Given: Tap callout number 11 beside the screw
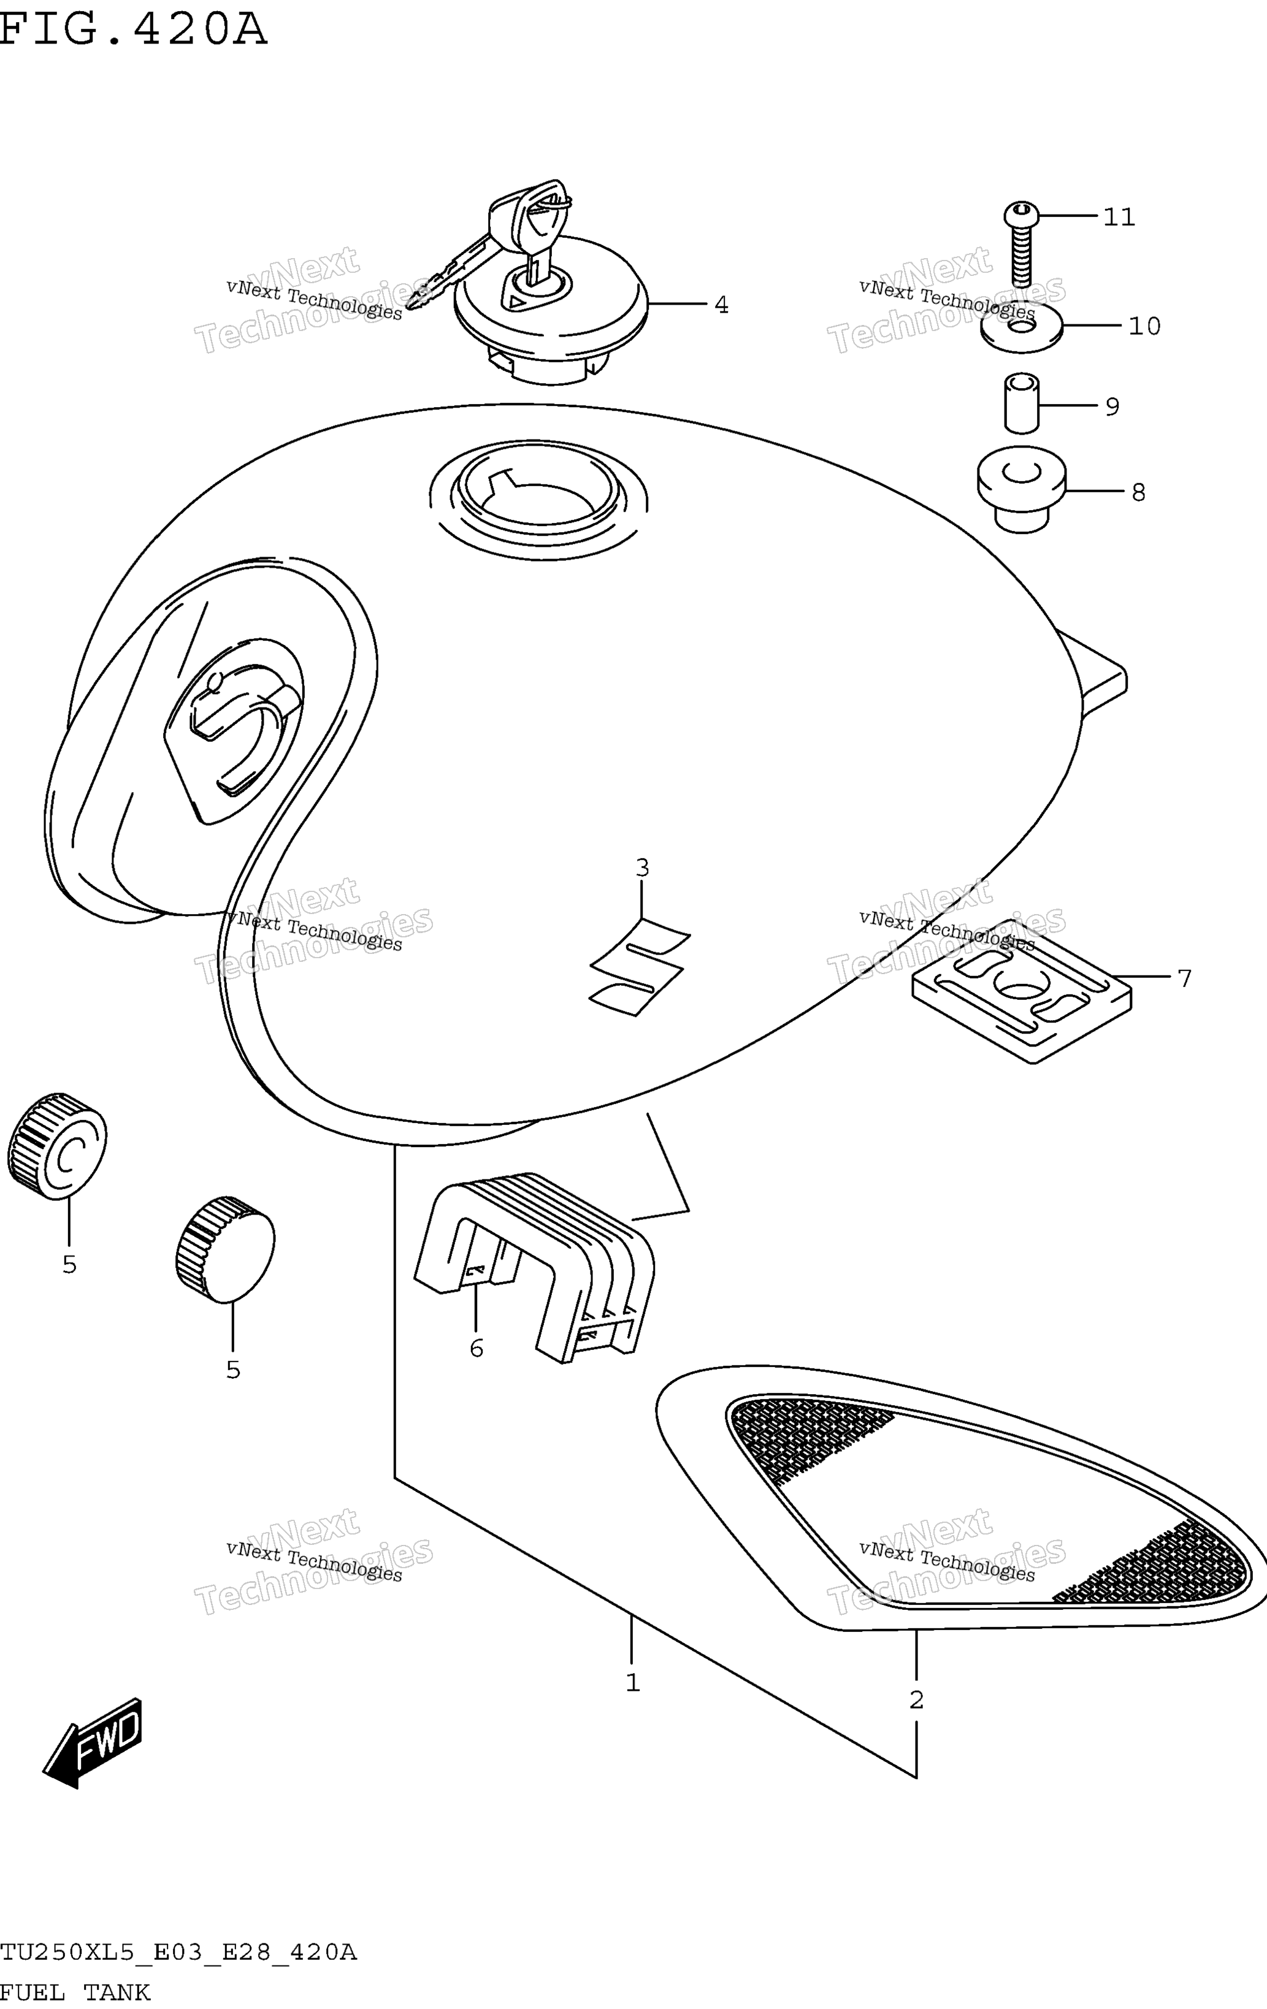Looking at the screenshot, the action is (1119, 217).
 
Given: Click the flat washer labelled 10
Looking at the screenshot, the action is (1022, 326).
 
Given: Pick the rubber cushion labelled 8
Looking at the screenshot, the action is (1022, 490).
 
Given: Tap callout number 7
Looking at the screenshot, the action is (1184, 977).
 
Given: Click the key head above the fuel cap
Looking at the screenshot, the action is (534, 208).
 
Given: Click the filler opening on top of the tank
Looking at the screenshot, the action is (539, 501).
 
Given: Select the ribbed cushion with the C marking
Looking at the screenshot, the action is (57, 1145).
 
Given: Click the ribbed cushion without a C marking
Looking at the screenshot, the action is (225, 1249).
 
